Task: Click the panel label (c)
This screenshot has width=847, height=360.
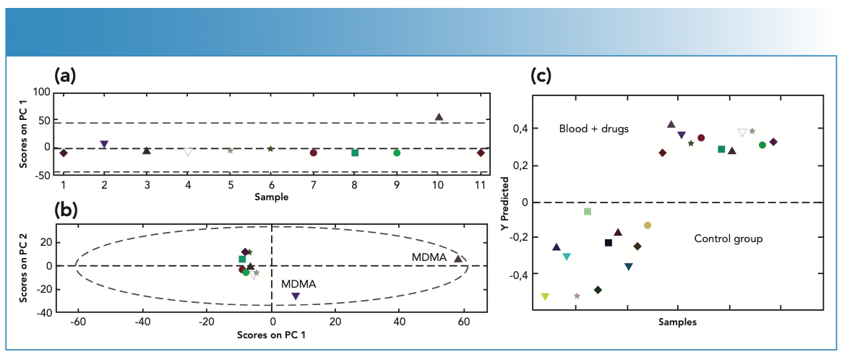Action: point(542,74)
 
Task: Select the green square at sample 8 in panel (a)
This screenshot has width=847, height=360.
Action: point(355,153)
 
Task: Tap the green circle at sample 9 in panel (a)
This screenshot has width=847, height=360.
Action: point(397,153)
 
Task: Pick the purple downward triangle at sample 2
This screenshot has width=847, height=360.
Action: point(104,145)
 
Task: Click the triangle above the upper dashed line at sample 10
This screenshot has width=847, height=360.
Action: point(439,117)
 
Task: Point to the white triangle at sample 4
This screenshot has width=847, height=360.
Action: point(188,153)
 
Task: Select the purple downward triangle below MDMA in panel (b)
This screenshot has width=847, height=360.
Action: point(295,296)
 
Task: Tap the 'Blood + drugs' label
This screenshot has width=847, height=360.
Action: point(594,129)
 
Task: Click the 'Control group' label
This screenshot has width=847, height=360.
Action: point(728,239)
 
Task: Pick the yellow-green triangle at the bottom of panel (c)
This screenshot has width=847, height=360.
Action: point(545,296)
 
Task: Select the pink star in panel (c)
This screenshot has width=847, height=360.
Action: point(577,296)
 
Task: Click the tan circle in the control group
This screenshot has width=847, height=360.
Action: point(648,226)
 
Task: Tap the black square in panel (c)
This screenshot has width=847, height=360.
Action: point(609,243)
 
